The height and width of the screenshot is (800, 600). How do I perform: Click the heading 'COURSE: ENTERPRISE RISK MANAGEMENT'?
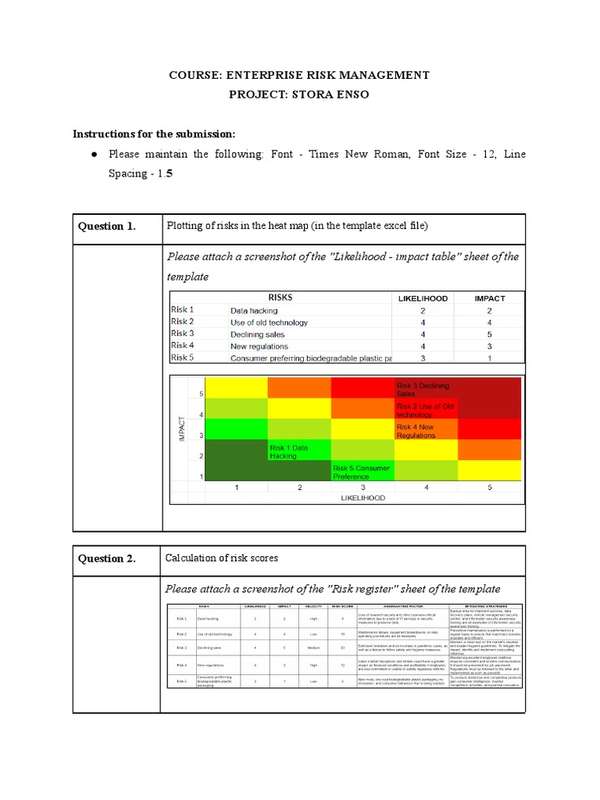300,75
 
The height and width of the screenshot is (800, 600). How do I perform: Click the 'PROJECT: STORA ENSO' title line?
300,94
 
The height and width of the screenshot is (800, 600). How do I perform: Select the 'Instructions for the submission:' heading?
154,134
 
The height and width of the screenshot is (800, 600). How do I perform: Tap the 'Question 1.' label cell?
107,227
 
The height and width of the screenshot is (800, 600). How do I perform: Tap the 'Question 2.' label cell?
107,558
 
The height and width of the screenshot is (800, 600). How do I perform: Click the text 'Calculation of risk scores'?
221,558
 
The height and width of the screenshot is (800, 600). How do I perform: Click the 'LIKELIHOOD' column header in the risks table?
423,298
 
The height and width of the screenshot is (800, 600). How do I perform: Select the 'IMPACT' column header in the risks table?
490,298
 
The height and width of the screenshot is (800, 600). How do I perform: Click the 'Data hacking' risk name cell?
253,310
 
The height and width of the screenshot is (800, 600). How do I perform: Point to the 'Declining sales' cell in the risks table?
257,334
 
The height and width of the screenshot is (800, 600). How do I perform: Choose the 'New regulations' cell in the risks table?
259,346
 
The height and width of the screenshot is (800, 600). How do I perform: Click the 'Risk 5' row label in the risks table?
182,358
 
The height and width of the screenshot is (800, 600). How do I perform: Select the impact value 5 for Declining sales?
490,334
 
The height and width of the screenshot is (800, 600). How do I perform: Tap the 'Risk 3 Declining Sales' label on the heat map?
423,390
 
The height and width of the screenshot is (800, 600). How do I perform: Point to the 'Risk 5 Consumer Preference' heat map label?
361,471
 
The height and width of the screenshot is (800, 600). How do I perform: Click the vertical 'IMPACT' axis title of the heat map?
182,429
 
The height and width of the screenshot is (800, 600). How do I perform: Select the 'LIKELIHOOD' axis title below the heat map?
362,498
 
